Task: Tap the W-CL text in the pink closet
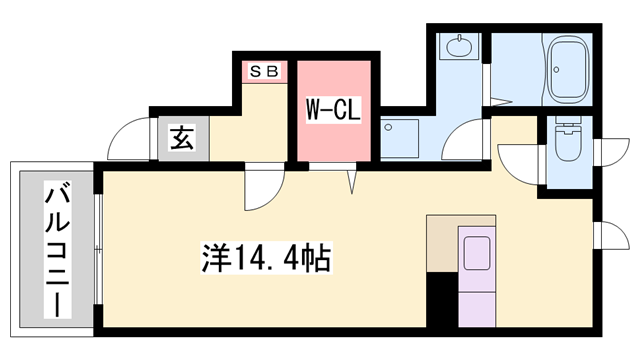tap(333, 108)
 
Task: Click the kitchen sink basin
tap(475, 252)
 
